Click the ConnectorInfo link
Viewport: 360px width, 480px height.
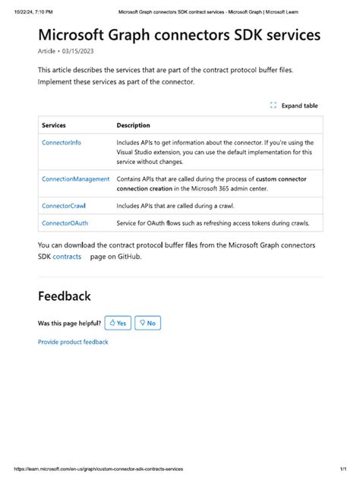pyautogui.click(x=62, y=142)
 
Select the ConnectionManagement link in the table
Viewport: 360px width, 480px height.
pyautogui.click(x=75, y=178)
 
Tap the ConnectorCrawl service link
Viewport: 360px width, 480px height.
pyautogui.click(x=65, y=205)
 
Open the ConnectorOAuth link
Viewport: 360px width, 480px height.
pyautogui.click(x=65, y=223)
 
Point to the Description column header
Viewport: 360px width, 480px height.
pyautogui.click(x=134, y=125)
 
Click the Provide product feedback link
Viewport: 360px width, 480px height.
pyautogui.click(x=73, y=342)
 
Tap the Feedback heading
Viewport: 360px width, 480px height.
pyautogui.click(x=65, y=296)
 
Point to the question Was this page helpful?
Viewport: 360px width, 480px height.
pyautogui.click(x=69, y=323)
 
